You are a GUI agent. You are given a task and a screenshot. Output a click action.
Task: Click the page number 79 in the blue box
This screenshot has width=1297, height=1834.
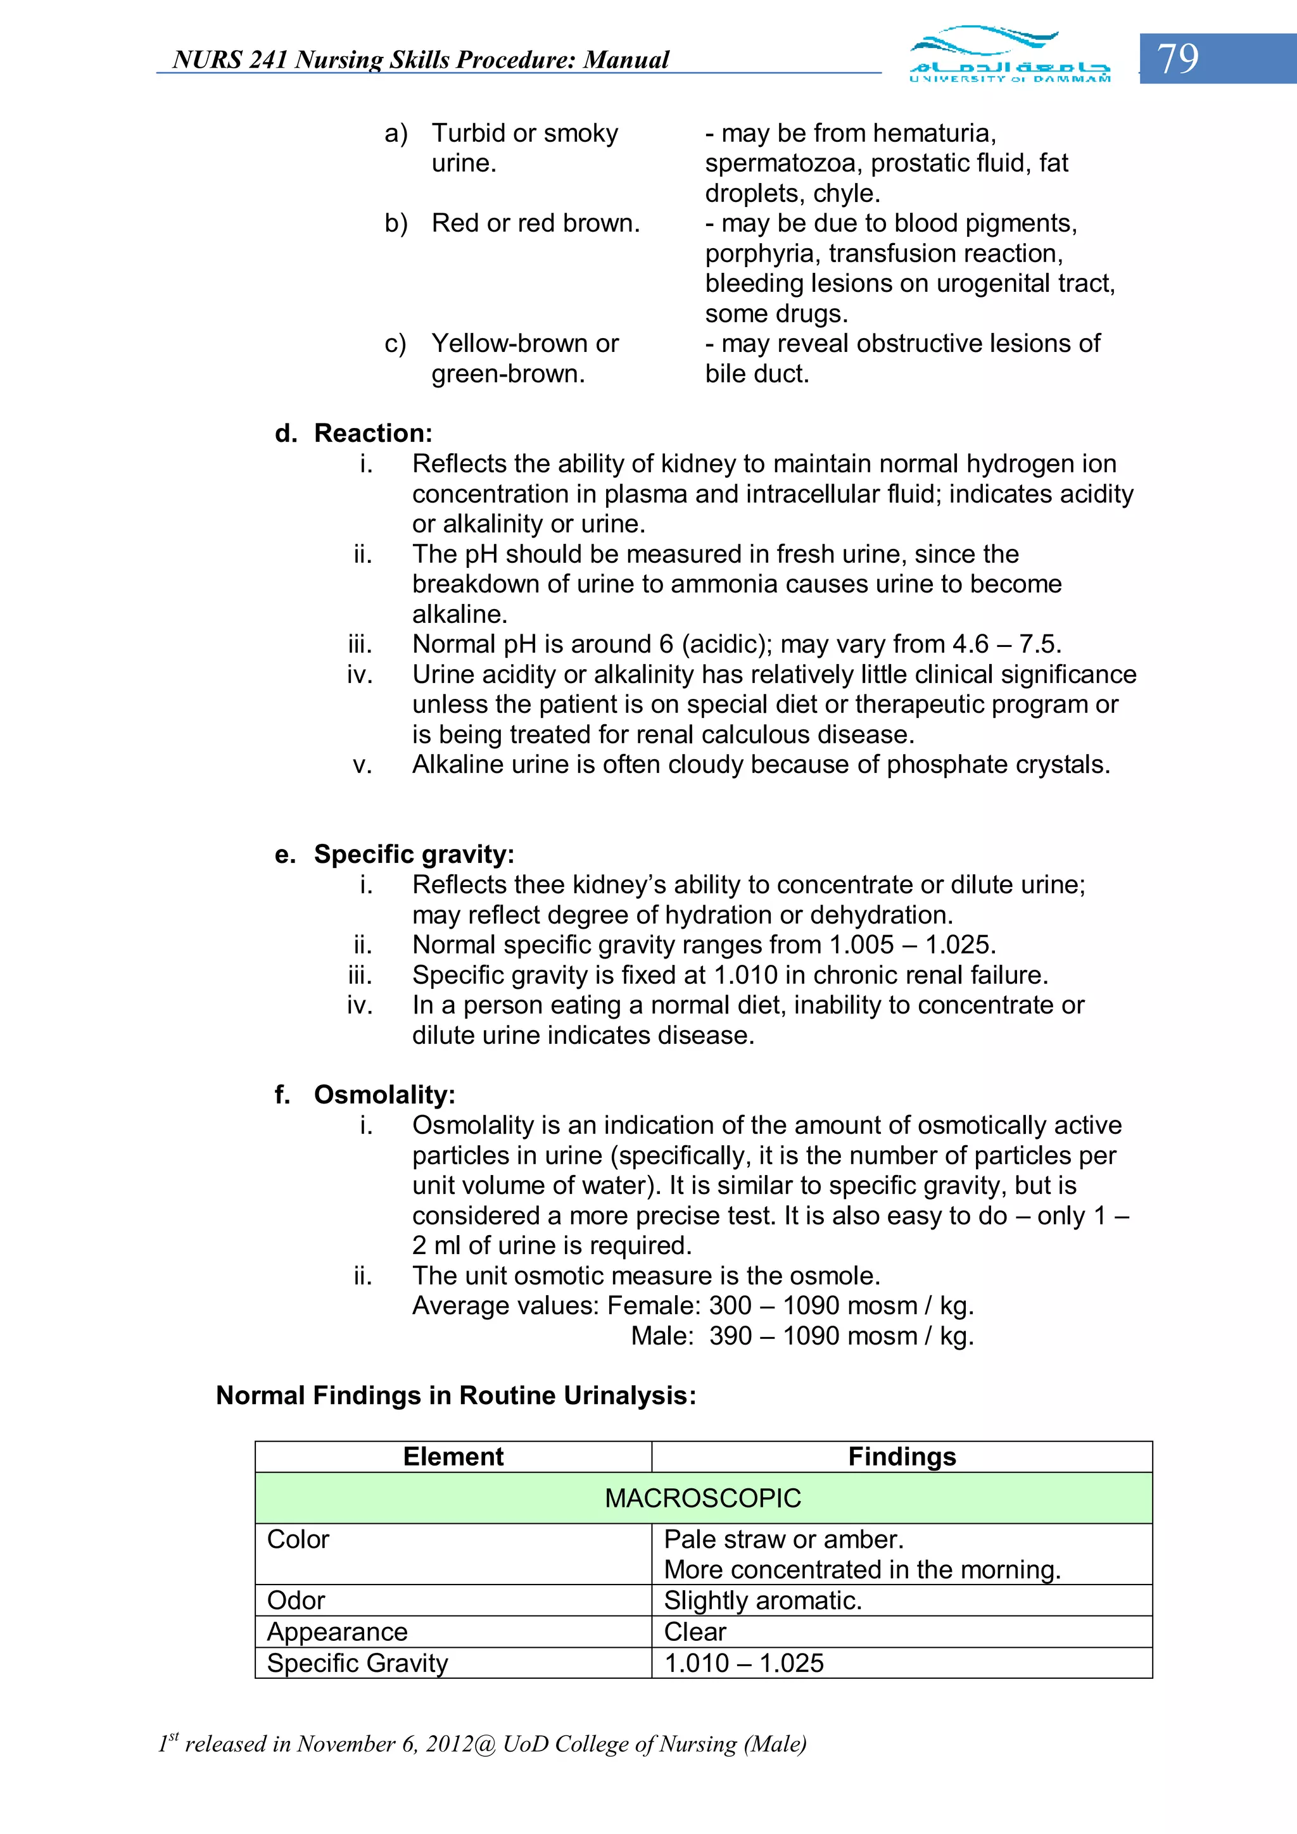click(1178, 58)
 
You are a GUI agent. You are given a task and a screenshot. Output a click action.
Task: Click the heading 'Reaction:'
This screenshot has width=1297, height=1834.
click(372, 433)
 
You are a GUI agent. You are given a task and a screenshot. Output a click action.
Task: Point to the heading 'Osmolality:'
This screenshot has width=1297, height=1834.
click(384, 1095)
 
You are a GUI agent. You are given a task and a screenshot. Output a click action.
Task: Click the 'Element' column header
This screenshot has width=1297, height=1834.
click(453, 1456)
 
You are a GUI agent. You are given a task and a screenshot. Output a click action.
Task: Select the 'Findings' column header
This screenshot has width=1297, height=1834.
click(901, 1456)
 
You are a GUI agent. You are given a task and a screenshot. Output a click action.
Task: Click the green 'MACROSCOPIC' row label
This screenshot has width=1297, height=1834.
click(702, 1498)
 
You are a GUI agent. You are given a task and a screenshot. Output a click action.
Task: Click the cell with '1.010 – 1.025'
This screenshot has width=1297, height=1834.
click(743, 1663)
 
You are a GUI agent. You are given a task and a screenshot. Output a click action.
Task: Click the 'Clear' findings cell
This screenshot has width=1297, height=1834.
click(695, 1631)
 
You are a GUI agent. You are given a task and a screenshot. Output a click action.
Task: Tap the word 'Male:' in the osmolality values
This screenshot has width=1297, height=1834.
click(662, 1336)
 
